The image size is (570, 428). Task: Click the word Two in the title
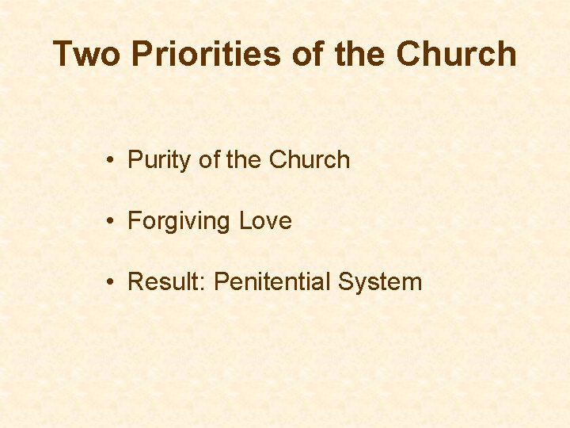tap(87, 55)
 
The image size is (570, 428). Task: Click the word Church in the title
tap(456, 55)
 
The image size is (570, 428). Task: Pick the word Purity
tap(160, 160)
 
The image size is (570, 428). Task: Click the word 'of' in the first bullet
tap(209, 159)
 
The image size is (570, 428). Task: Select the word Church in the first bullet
tap(310, 159)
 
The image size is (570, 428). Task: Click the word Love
tap(265, 220)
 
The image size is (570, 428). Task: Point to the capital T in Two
tap(63, 55)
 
